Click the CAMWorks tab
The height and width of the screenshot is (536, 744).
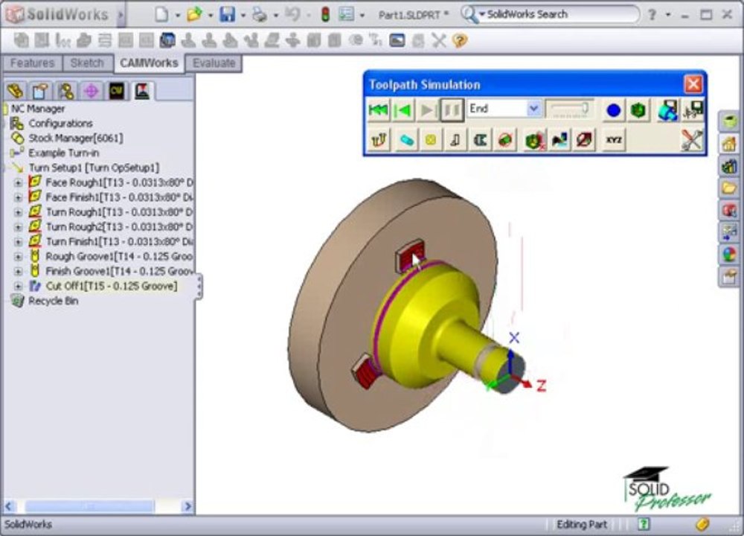tap(149, 63)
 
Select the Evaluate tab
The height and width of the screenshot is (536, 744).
tap(214, 63)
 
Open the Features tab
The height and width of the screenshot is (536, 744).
tap(32, 63)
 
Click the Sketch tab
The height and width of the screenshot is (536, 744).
tap(86, 63)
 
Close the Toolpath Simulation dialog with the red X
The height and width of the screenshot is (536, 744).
tap(693, 84)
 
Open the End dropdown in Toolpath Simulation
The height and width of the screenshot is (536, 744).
tap(533, 109)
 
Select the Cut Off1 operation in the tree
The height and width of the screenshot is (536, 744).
tap(111, 286)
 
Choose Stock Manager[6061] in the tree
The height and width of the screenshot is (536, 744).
tap(75, 138)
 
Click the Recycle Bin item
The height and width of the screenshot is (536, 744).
tap(53, 301)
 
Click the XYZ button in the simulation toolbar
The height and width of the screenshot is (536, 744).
tap(614, 139)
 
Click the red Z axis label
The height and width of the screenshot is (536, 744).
tap(541, 386)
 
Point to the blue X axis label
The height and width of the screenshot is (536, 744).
tap(513, 338)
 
